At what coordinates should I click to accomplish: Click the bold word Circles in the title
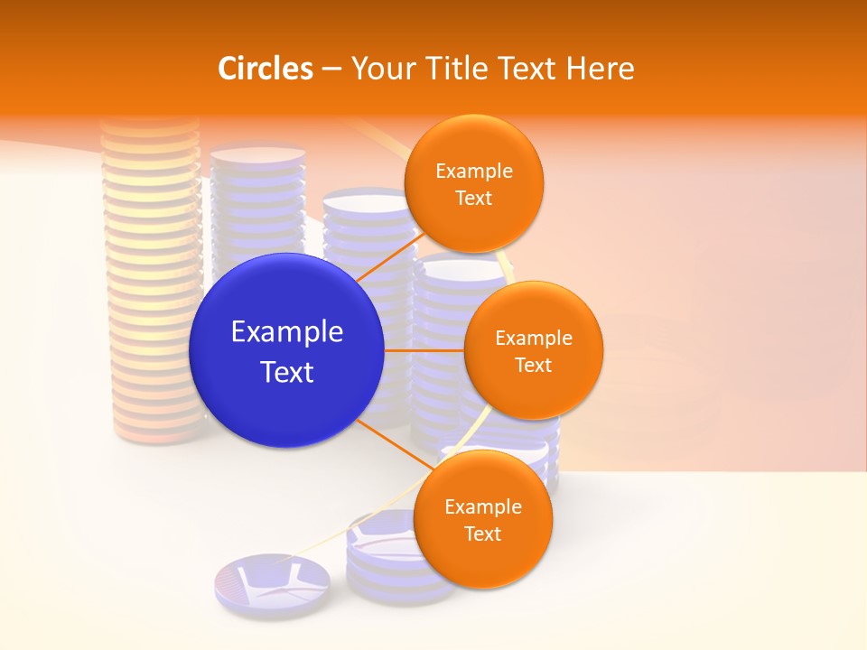pos(266,68)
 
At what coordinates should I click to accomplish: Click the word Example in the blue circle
pos(287,332)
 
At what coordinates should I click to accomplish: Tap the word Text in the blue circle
pos(287,372)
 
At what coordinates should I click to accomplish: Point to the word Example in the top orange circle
pos(474,172)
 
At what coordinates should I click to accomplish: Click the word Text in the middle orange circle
pos(533,365)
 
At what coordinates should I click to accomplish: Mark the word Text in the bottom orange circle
pos(482,534)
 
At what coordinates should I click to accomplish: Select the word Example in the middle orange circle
pos(533,339)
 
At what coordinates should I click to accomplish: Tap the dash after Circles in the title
pos(331,68)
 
